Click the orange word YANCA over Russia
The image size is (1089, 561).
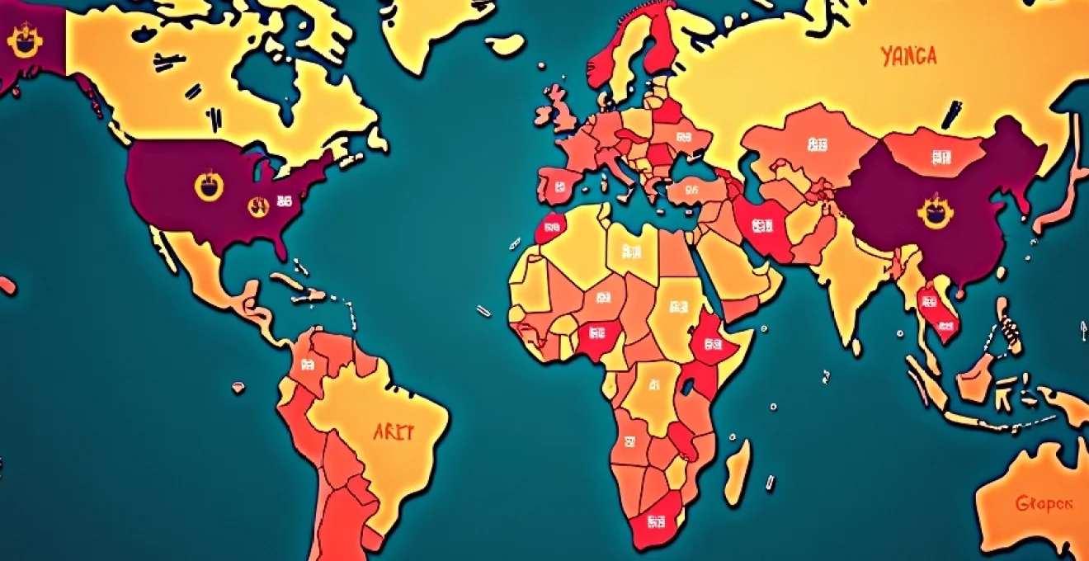pyautogui.click(x=908, y=57)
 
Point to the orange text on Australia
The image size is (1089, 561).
pyautogui.click(x=1044, y=502)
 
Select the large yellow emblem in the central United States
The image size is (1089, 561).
pyautogui.click(x=209, y=186)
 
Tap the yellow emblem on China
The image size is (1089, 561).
pyautogui.click(x=935, y=214)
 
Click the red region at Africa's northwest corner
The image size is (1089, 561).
pyautogui.click(x=549, y=226)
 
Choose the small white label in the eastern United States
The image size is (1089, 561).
pyautogui.click(x=284, y=200)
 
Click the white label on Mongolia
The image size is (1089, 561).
pyautogui.click(x=940, y=155)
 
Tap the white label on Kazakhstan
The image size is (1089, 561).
pyautogui.click(x=817, y=146)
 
